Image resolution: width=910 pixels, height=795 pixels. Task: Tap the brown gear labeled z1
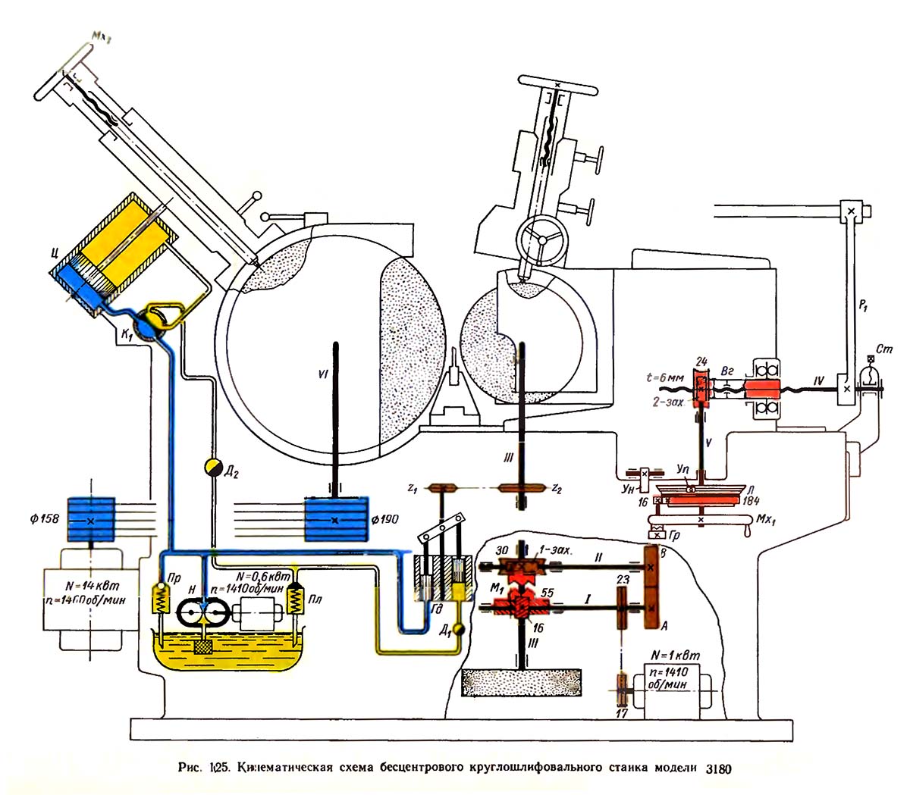438,488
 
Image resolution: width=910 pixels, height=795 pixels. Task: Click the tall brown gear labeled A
651,588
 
